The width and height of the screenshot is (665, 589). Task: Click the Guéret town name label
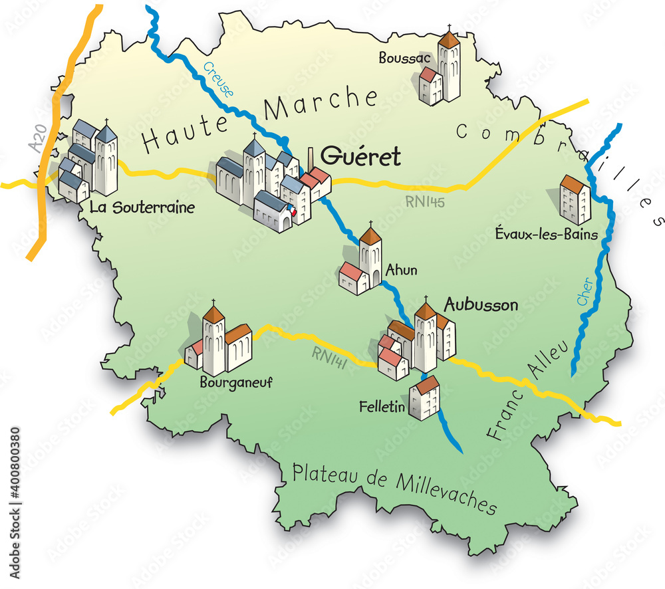click(361, 157)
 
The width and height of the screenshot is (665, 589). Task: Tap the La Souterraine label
click(142, 207)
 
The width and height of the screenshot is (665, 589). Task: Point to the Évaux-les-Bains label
click(547, 233)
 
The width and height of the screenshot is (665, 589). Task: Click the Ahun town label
click(402, 270)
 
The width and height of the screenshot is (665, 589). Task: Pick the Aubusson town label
click(481, 305)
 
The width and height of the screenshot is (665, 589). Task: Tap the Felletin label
click(382, 406)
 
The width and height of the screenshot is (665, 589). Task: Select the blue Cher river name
click(585, 293)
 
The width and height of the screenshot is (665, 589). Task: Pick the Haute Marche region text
click(259, 120)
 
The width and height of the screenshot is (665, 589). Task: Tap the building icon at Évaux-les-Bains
click(575, 199)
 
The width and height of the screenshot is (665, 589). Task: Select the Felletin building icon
click(424, 398)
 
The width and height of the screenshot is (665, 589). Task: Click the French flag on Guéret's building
click(291, 211)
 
